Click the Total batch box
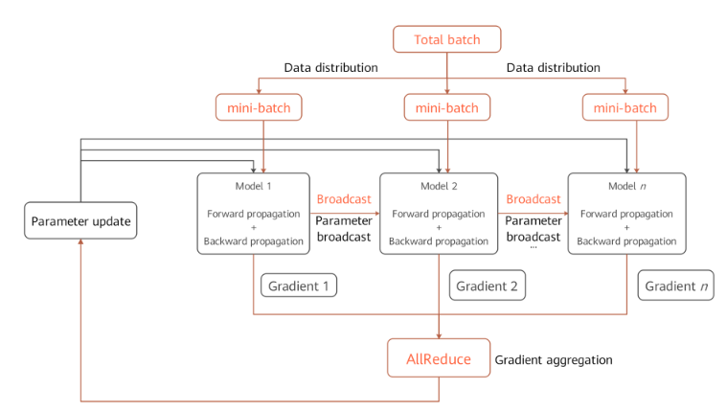[446, 39]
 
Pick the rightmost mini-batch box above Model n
[625, 107]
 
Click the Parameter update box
[80, 221]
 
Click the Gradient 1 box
[298, 286]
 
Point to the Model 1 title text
[254, 184]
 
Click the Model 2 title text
[438, 184]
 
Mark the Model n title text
[626, 184]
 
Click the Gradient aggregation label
[554, 359]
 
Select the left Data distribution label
[331, 68]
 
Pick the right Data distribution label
[553, 68]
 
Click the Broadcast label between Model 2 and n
[533, 198]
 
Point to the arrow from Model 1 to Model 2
[344, 213]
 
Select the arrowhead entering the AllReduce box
[439, 334]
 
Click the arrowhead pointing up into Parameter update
[80, 244]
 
